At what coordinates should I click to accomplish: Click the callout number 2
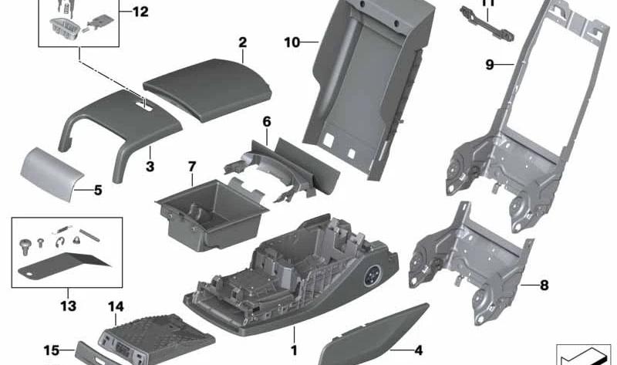[242, 42]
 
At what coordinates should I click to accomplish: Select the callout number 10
[292, 42]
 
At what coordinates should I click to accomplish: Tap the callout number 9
[490, 64]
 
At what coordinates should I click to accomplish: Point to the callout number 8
[545, 285]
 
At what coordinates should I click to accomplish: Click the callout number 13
[68, 306]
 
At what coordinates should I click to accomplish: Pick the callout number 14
[116, 306]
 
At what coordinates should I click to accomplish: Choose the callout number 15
[52, 350]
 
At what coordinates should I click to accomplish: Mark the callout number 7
[191, 167]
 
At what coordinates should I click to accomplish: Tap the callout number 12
[140, 12]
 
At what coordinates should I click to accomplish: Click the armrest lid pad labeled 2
[207, 90]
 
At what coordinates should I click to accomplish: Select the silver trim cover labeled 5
[52, 174]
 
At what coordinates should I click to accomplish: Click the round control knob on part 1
[371, 275]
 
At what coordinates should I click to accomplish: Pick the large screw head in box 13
[25, 246]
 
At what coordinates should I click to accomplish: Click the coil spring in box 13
[62, 230]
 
